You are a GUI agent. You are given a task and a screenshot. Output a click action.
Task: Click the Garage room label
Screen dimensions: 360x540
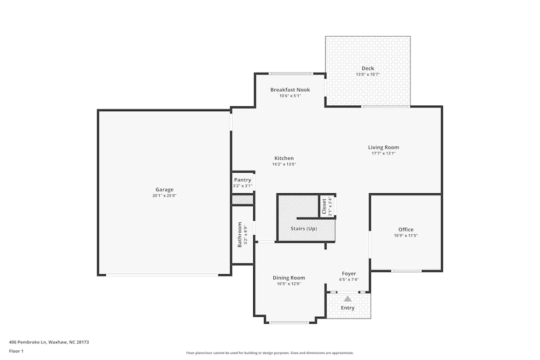pos(165,189)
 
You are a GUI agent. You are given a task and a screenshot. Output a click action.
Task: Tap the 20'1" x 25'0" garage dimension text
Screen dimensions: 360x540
pos(165,196)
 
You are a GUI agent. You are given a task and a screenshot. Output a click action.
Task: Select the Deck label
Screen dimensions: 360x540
pos(368,69)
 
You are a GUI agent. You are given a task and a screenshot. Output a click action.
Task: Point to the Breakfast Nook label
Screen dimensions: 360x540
pos(290,90)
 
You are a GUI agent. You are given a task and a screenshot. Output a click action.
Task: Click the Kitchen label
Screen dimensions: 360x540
pos(284,158)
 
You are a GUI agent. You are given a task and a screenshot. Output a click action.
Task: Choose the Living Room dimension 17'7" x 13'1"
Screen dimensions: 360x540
pos(383,153)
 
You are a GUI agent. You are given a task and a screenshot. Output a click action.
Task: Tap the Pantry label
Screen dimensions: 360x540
pos(242,180)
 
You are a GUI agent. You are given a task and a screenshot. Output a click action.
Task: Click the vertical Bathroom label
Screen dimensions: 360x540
pos(240,235)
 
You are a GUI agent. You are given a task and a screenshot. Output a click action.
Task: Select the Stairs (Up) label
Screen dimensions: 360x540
pos(304,229)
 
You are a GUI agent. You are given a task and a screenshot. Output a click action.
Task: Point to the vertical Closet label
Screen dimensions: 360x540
pos(324,207)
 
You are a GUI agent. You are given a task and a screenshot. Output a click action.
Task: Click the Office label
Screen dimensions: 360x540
pos(406,229)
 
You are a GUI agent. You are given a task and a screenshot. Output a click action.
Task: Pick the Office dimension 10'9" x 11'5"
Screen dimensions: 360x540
pos(406,236)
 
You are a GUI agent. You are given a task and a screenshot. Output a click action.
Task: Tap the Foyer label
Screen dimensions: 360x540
pos(349,273)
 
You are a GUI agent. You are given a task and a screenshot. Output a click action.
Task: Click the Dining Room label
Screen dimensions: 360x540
pos(289,277)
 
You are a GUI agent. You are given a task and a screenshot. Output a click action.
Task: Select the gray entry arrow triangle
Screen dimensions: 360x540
pos(348,298)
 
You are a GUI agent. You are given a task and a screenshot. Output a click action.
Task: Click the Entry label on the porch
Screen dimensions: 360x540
pos(348,308)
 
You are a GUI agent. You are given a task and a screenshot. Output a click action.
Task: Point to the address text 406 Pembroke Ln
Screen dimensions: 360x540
pos(28,342)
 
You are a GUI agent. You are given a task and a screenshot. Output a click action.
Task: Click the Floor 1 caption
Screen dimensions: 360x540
pos(16,351)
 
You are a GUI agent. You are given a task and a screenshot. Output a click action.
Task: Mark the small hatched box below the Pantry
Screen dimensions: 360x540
pos(242,200)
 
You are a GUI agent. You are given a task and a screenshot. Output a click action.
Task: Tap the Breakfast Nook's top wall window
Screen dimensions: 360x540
pos(291,73)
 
